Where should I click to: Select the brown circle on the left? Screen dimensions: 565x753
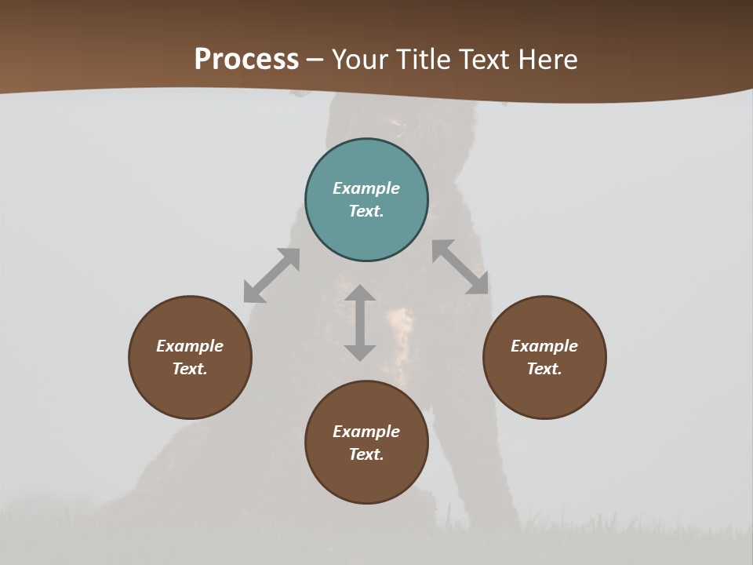tap(190, 357)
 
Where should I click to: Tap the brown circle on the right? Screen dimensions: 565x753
tap(544, 357)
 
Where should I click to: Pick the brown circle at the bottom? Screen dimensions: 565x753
tap(366, 443)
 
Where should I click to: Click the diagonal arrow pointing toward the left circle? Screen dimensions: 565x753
tap(271, 275)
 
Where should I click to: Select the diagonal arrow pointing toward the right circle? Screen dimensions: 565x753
tap(460, 267)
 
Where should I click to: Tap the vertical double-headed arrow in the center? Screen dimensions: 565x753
tap(360, 323)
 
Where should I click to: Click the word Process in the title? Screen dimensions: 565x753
tap(246, 60)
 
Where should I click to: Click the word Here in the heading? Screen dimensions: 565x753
tap(547, 60)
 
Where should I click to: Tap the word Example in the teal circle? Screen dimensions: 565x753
tap(366, 188)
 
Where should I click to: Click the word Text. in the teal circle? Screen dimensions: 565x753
tap(366, 211)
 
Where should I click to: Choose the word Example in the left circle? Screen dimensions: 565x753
tap(190, 346)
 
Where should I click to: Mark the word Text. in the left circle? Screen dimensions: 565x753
tap(190, 369)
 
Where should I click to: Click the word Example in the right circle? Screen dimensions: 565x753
tap(544, 346)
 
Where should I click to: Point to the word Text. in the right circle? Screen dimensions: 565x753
tap(544, 369)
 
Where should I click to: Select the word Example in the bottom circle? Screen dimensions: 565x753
tap(366, 432)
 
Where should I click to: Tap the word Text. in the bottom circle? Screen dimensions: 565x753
tap(366, 454)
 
